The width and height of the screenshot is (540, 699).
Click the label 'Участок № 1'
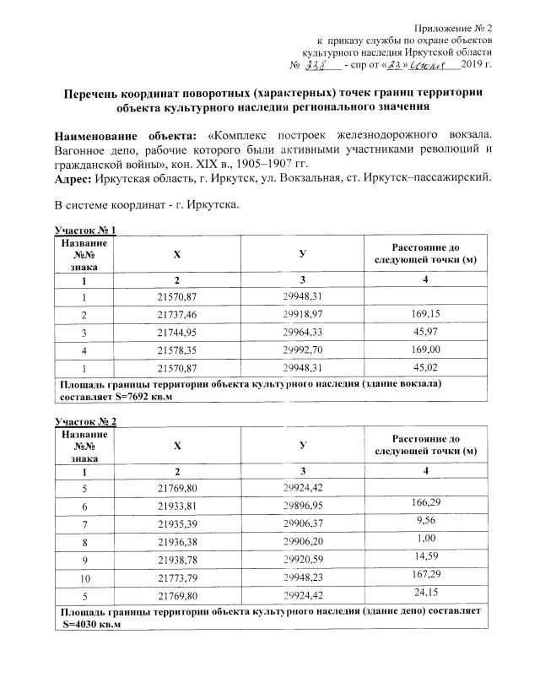click(84, 230)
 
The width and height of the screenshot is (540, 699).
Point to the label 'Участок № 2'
click(84, 420)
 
